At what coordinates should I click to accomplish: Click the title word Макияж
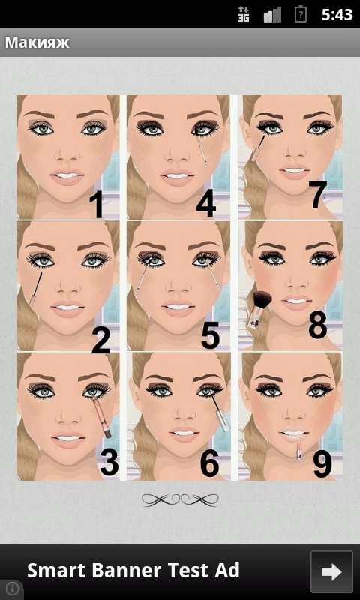tap(37, 43)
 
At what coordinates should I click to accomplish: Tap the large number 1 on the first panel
tap(97, 205)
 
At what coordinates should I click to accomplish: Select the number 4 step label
tap(206, 205)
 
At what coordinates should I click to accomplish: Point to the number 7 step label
tap(319, 196)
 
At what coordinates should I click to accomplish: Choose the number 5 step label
tap(211, 335)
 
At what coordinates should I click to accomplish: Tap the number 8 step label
tap(318, 325)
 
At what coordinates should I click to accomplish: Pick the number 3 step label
tap(109, 463)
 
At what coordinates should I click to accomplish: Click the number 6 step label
tap(210, 464)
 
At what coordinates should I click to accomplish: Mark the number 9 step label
tap(322, 464)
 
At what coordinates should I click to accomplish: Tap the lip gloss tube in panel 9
tap(299, 448)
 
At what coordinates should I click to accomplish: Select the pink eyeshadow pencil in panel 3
tap(102, 417)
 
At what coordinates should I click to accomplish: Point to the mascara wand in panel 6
tap(218, 412)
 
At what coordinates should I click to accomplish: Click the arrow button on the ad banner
tap(331, 571)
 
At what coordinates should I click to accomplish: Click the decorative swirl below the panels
tap(180, 499)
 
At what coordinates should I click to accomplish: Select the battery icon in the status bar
tap(301, 15)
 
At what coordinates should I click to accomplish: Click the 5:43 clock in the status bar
tap(337, 15)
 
